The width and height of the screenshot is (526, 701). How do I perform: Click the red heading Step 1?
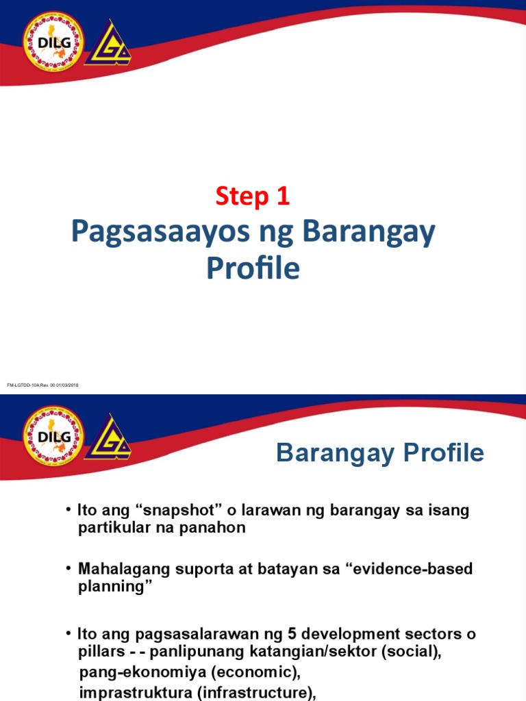click(253, 197)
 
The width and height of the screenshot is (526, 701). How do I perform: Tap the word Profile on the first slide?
click(253, 268)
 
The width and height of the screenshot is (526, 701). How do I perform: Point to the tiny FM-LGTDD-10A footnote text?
click(42, 385)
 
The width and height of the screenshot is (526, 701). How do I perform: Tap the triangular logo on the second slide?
click(112, 438)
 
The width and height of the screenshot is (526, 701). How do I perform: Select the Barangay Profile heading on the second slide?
click(380, 453)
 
